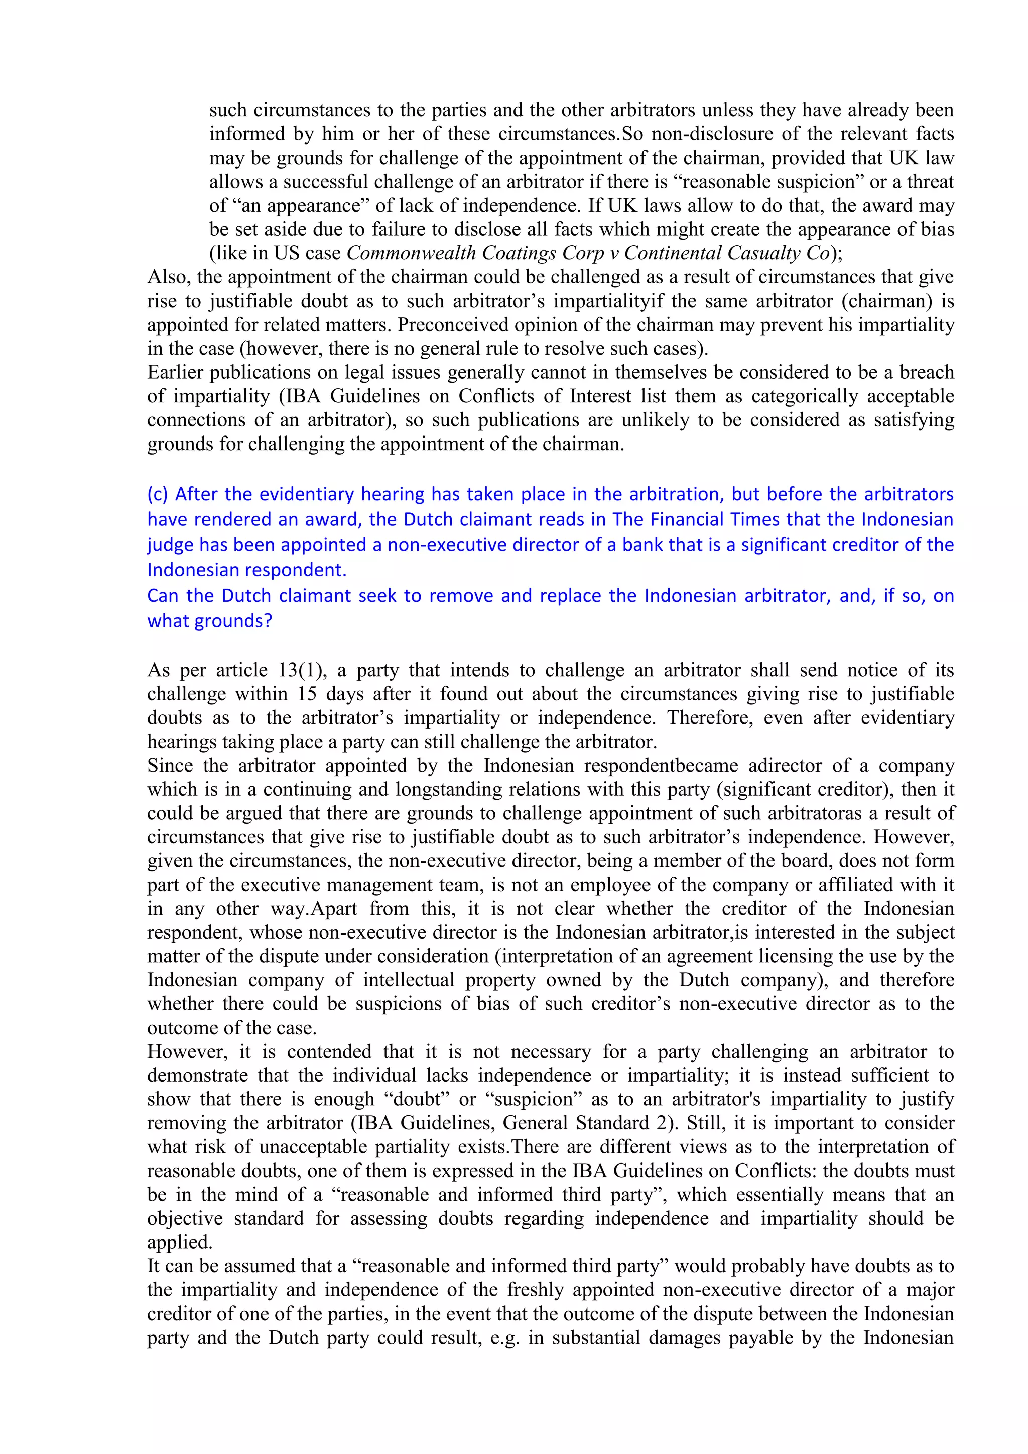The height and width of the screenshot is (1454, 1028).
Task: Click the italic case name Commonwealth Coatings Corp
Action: click(475, 253)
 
